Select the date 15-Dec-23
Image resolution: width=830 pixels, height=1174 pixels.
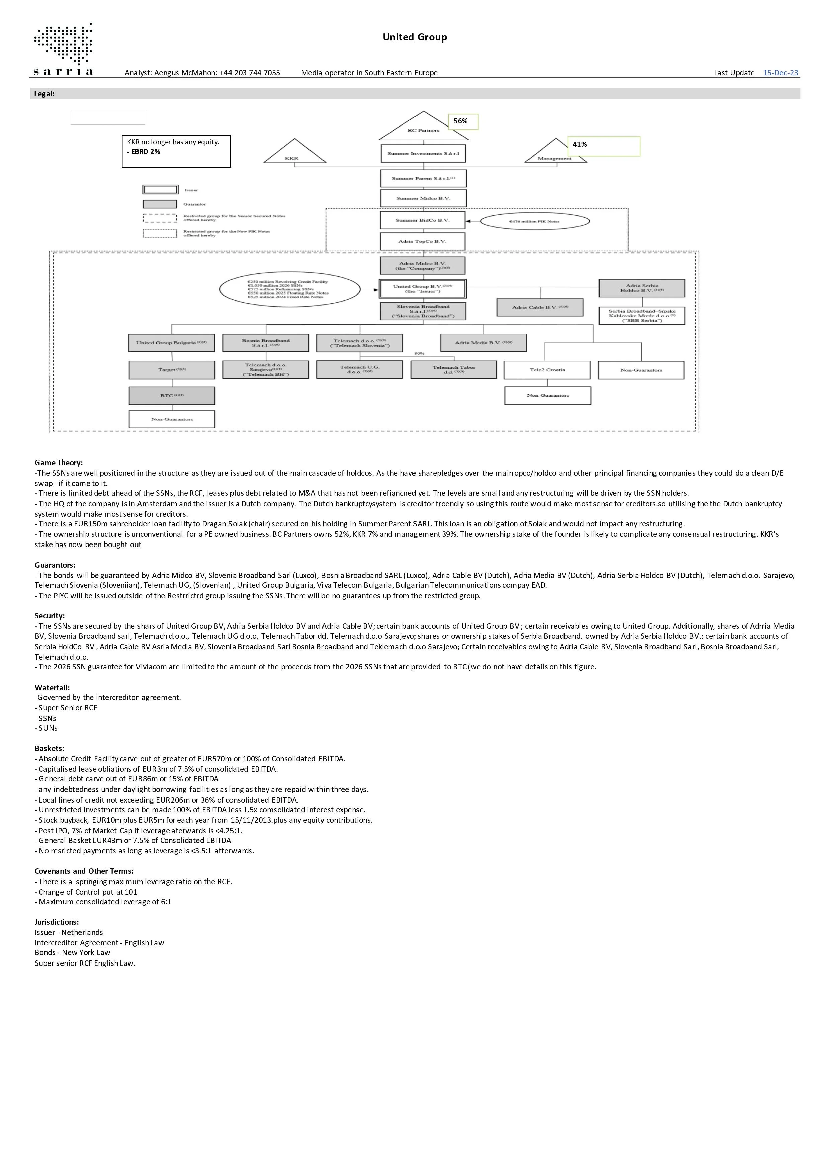click(x=780, y=73)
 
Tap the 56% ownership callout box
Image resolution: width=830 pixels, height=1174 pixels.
click(x=463, y=122)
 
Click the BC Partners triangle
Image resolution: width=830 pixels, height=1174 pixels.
click(x=423, y=127)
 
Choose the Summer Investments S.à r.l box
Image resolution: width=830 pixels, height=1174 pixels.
click(x=423, y=153)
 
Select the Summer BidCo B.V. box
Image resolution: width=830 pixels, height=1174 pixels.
click(x=423, y=221)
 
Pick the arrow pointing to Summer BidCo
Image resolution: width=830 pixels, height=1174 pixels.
click(x=473, y=222)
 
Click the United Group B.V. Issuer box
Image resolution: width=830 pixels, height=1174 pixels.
click(x=423, y=288)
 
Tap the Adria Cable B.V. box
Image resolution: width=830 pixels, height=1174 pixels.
click(x=540, y=307)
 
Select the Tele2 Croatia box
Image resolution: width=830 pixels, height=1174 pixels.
click(x=547, y=370)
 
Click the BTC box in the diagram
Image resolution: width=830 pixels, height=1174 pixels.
click(x=172, y=395)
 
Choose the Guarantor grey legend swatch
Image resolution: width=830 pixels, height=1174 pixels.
click(x=160, y=204)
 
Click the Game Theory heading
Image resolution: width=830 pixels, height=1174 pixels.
click(x=59, y=463)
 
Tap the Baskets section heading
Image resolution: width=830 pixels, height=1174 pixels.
click(x=50, y=749)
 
